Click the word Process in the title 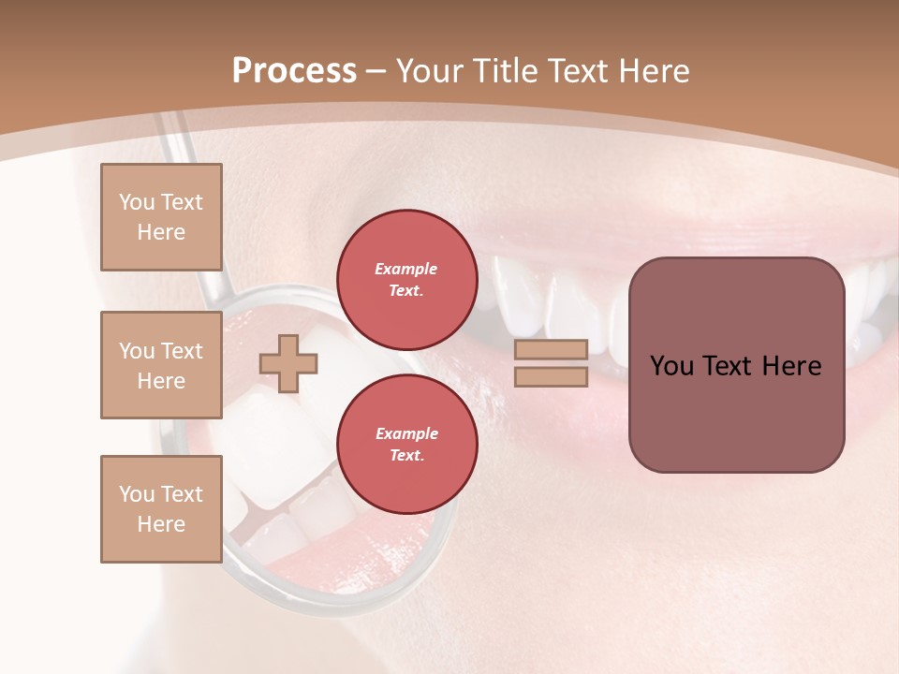tap(294, 71)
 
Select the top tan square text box tap(161, 217)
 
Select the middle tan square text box tap(161, 365)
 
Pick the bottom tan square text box tap(161, 508)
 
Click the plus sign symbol tap(288, 363)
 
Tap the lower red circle tap(406, 444)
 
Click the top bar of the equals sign tap(551, 350)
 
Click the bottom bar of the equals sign tap(551, 377)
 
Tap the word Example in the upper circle tap(406, 269)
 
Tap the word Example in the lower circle tap(406, 433)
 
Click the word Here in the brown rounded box tap(791, 366)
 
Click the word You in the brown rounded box tap(671, 366)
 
